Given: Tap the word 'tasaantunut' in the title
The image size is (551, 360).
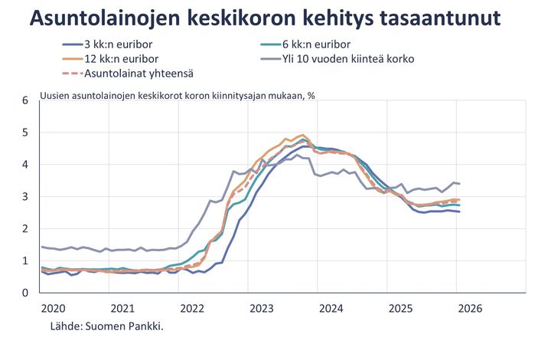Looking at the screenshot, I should [x=434, y=19].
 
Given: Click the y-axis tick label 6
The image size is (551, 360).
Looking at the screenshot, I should [x=24, y=100].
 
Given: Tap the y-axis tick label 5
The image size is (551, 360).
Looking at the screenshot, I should [x=24, y=133].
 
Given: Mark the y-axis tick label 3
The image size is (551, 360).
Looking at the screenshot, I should [x=24, y=197].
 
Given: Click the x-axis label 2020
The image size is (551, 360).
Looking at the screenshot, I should [x=54, y=309].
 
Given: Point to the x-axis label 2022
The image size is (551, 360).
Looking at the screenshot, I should [x=192, y=309].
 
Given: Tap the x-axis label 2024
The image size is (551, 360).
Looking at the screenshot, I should [x=331, y=309].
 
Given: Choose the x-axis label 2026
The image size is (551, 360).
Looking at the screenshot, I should [x=468, y=309].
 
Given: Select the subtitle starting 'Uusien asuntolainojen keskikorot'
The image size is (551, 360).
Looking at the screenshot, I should [x=178, y=96].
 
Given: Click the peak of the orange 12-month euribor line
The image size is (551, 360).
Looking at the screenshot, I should [x=303, y=135].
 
